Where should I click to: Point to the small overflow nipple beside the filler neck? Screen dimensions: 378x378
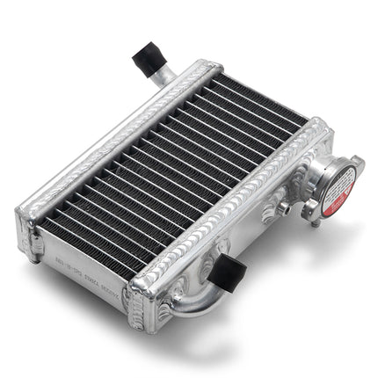[x=283, y=207]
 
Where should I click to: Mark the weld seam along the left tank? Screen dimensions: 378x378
[x=114, y=141]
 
